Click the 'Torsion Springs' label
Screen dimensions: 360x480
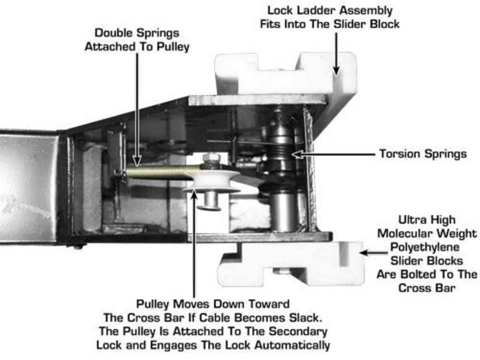click(423, 154)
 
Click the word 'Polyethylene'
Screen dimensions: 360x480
click(427, 247)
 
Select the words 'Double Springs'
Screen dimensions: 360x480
click(137, 32)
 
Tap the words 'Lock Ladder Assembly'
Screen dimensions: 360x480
click(330, 10)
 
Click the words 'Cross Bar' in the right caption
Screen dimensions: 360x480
click(427, 288)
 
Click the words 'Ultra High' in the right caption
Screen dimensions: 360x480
click(427, 220)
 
